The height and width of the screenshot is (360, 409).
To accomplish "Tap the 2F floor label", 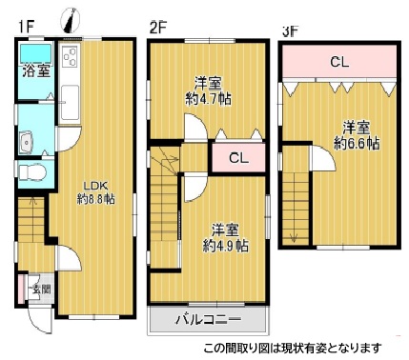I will coord(157,27).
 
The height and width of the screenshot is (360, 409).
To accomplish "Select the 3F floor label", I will coord(289,30).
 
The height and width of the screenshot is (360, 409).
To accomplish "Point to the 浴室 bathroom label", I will coord(37,70).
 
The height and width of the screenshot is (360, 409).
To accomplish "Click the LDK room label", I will coord(92,184).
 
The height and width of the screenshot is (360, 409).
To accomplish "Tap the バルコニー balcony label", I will coord(208,320).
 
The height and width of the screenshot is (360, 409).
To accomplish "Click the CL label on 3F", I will coord(338,64).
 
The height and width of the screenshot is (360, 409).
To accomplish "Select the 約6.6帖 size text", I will coord(357,143).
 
